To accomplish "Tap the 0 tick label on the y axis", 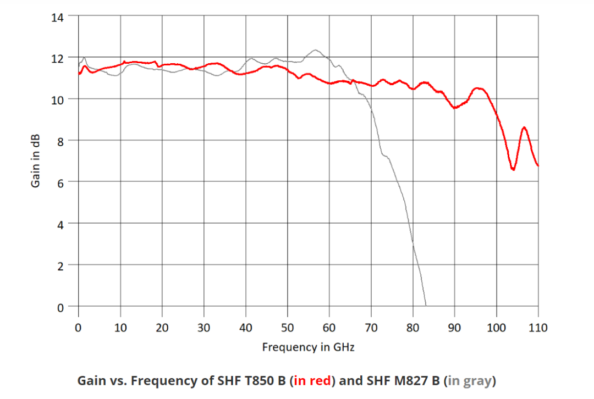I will tap(61, 306).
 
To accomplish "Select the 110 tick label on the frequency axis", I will tap(538, 328).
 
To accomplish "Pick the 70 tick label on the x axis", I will tap(371, 328).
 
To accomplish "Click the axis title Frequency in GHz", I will tap(308, 347).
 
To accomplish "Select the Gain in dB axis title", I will tap(35, 161).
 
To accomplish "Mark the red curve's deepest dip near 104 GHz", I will tap(513, 169).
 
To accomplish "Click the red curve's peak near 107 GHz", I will tap(524, 128).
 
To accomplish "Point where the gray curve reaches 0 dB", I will tap(426, 306).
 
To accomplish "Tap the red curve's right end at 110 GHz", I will tap(538, 165).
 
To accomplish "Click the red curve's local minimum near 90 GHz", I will tap(455, 108).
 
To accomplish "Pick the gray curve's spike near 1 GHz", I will tap(84, 57).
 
